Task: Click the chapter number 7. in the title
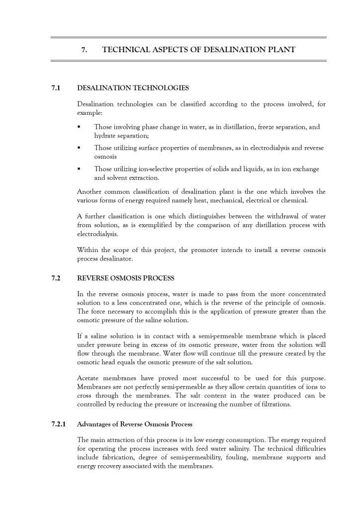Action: [85, 50]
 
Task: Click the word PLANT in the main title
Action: [281, 50]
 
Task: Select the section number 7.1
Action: [56, 88]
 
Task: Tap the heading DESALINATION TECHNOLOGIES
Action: [133, 88]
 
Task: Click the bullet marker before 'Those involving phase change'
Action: [79, 127]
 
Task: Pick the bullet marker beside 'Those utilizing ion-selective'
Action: [79, 169]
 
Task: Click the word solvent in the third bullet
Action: [117, 177]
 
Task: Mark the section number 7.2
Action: [56, 278]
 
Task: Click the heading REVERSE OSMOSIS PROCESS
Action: [126, 278]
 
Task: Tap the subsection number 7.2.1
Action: [59, 424]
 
